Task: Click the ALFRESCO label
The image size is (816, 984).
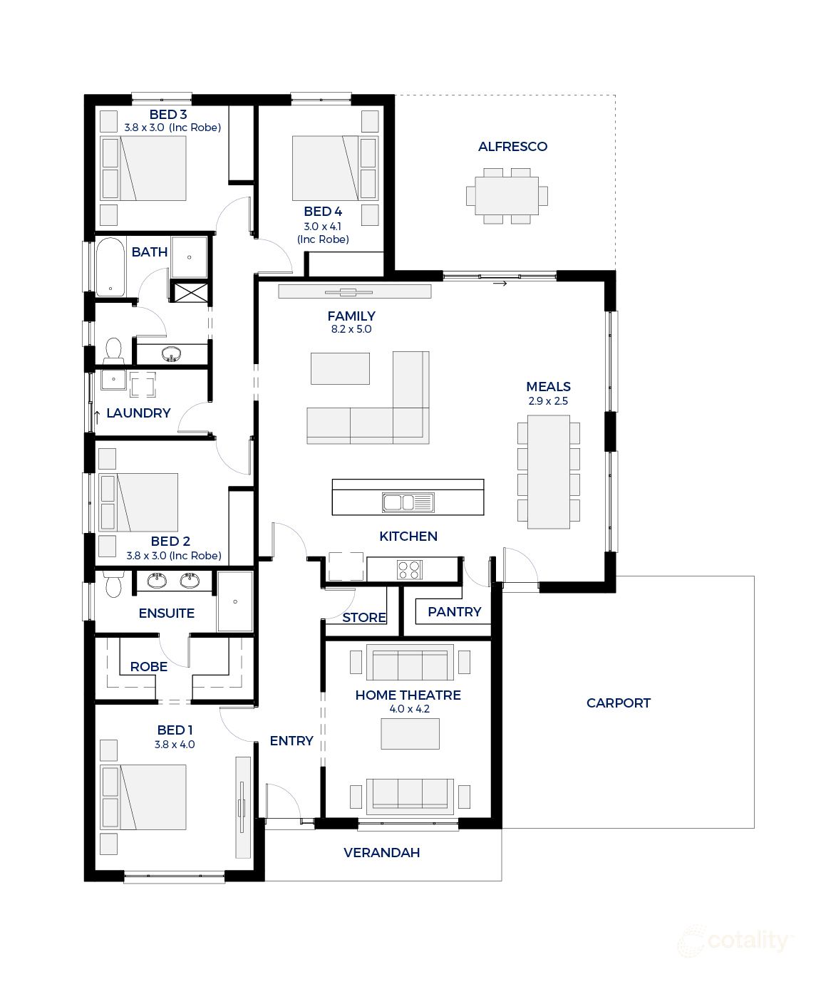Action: click(x=512, y=147)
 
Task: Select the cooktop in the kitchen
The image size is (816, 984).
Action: click(x=409, y=569)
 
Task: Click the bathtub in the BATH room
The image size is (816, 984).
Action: click(x=110, y=267)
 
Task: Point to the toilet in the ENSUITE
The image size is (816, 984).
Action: click(x=113, y=586)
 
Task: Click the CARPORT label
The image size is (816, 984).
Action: click(x=618, y=703)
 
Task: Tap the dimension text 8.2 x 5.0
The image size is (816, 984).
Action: click(x=351, y=329)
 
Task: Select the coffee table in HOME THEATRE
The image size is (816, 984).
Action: click(x=410, y=733)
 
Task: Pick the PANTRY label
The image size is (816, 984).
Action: click(x=454, y=611)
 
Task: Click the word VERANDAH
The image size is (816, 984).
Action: click(x=381, y=852)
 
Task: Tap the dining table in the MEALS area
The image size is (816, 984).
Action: click(x=548, y=472)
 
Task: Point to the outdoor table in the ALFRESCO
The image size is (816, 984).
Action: click(x=507, y=196)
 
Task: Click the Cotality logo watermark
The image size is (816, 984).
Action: click(x=734, y=942)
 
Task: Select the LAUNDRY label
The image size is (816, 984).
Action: click(x=138, y=413)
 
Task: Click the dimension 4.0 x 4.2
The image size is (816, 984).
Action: click(x=409, y=709)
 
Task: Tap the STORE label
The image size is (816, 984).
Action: click(x=363, y=617)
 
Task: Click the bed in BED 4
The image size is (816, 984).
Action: click(x=325, y=168)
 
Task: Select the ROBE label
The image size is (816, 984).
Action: click(x=148, y=666)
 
